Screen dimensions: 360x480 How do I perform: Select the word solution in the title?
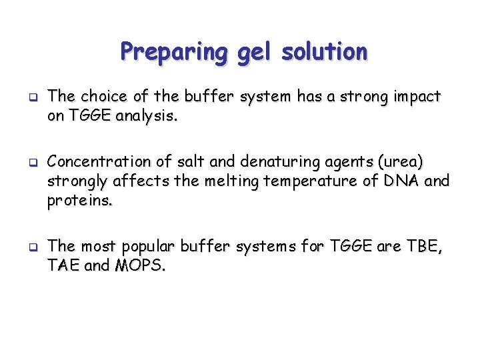pyautogui.click(x=325, y=52)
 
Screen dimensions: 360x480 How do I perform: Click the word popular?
pyautogui.click(x=151, y=247)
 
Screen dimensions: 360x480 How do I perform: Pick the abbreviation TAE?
pyautogui.click(x=65, y=266)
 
